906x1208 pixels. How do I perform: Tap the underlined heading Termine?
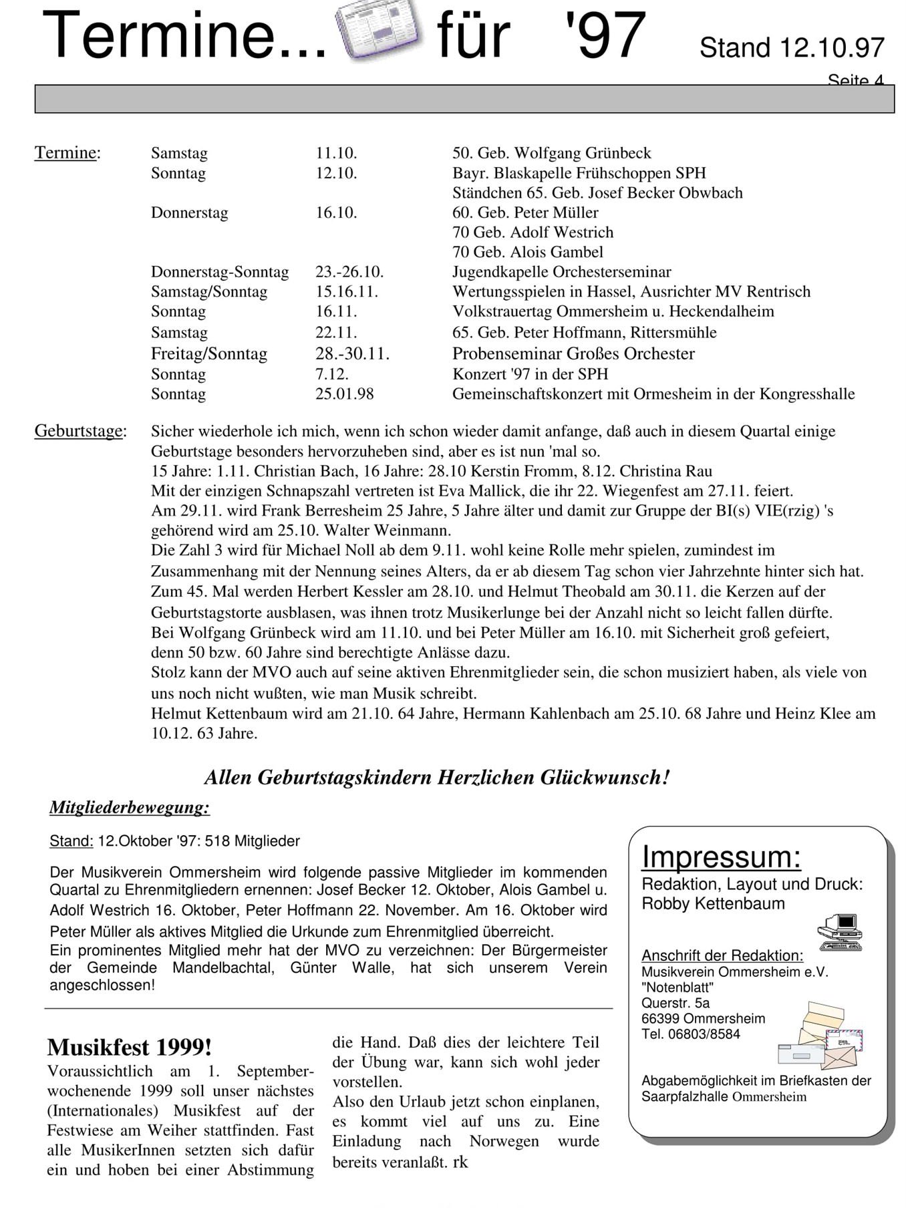[x=65, y=153]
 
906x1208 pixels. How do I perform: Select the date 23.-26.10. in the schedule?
[x=349, y=272]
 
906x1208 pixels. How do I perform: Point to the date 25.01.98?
[x=344, y=394]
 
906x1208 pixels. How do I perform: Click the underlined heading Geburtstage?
[x=78, y=431]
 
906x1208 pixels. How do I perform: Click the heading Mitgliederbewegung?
[x=130, y=808]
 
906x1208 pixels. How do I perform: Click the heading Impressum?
[x=721, y=857]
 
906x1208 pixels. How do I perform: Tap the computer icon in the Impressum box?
[x=841, y=932]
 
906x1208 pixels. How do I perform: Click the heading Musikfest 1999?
[x=130, y=1047]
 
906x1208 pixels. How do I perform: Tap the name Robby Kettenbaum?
[x=713, y=903]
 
